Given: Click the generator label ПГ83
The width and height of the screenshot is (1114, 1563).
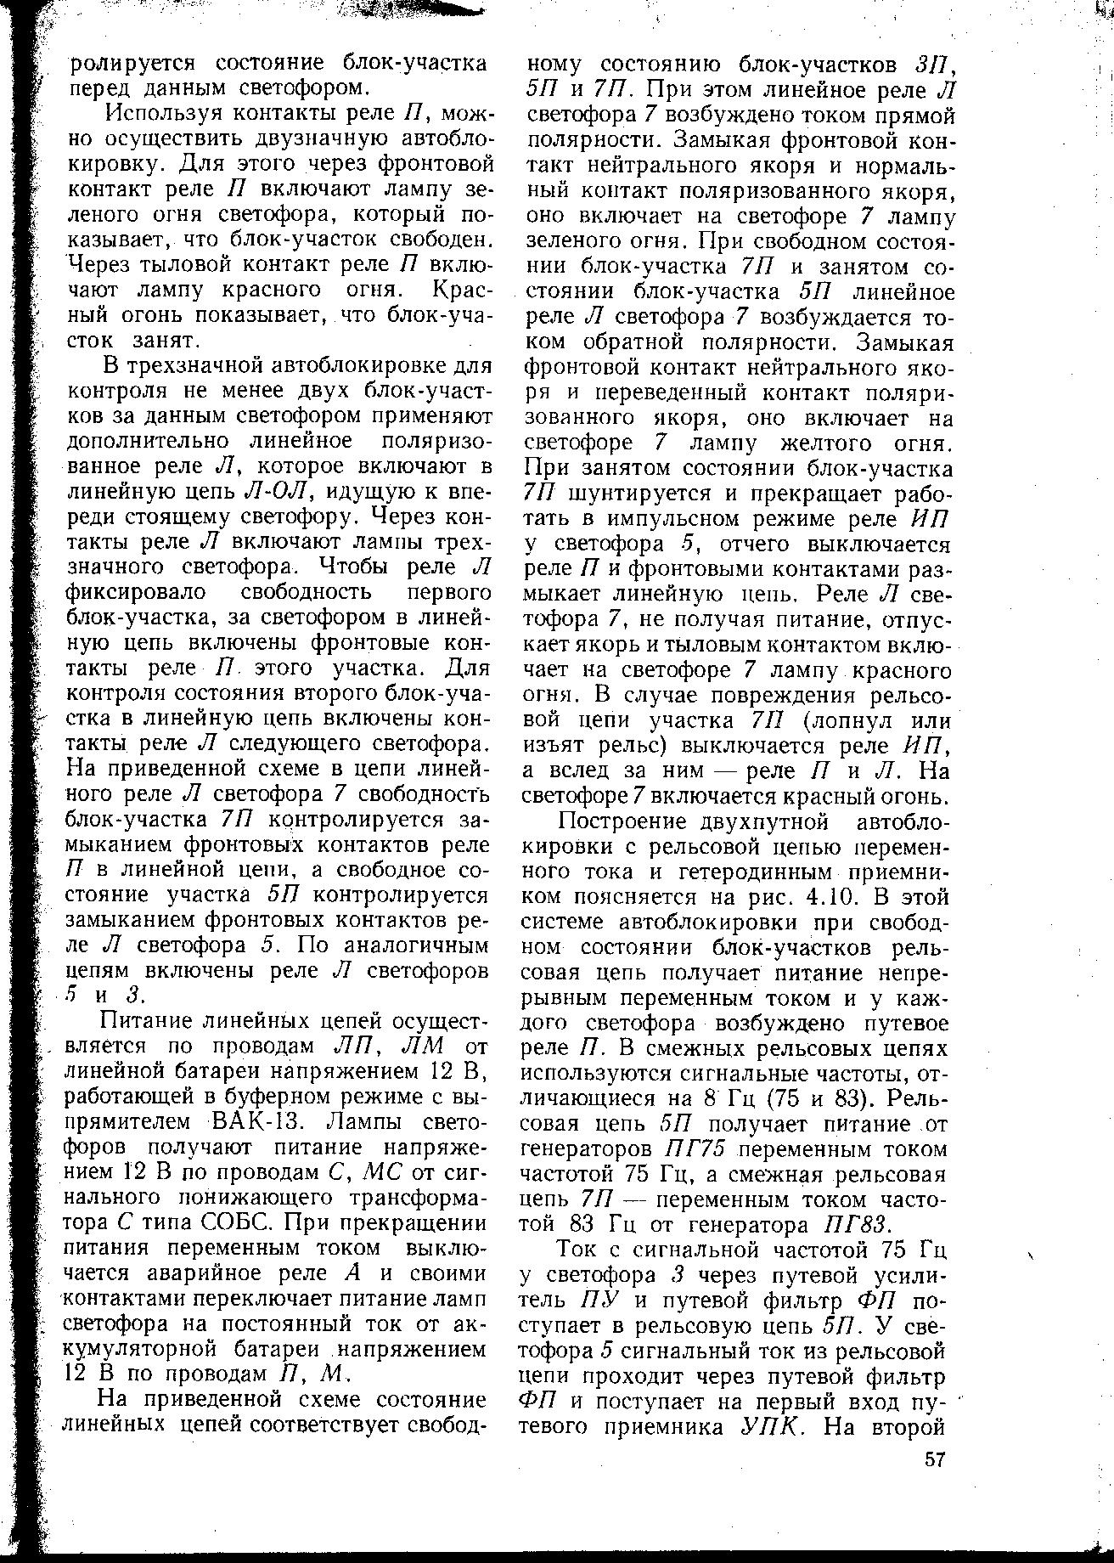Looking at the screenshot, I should click(854, 1225).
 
